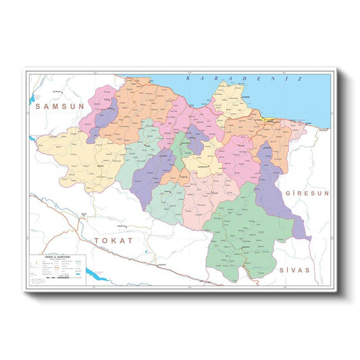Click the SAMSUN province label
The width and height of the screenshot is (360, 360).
click(x=59, y=106)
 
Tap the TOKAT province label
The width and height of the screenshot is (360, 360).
click(x=114, y=240)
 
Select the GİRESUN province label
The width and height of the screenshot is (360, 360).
click(x=307, y=193)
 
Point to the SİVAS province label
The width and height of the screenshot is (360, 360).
click(x=294, y=269)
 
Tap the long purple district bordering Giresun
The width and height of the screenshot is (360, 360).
click(x=274, y=186)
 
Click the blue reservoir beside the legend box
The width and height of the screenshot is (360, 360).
click(x=92, y=274)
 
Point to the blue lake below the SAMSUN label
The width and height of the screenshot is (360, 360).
click(x=32, y=140)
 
